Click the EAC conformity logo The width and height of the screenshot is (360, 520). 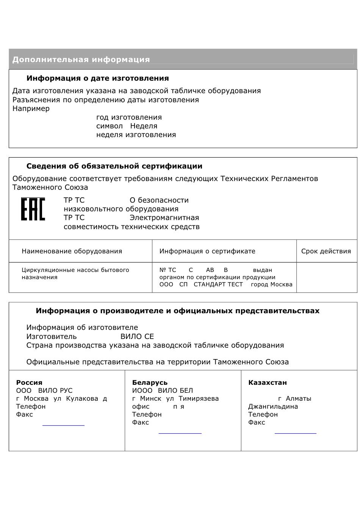(x=33, y=209)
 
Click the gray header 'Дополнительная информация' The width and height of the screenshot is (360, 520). (x=81, y=59)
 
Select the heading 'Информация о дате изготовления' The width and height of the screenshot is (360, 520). (x=97, y=78)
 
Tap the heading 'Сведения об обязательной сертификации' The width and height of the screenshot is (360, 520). (x=114, y=166)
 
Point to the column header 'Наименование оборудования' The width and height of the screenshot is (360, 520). (x=72, y=251)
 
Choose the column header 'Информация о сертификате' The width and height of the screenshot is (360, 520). (x=207, y=251)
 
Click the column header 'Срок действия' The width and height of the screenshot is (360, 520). (x=326, y=251)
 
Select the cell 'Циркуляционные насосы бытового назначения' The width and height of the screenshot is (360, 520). (x=75, y=273)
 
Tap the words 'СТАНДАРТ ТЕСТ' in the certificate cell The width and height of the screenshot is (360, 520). (x=218, y=284)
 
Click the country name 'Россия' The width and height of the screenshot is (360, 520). (x=29, y=383)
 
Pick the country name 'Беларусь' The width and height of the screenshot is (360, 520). (x=150, y=383)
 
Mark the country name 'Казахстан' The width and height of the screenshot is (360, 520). (x=267, y=383)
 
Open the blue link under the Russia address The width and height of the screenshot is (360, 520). (x=63, y=425)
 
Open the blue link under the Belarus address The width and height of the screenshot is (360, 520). (x=180, y=433)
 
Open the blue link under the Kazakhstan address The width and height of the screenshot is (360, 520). (x=295, y=433)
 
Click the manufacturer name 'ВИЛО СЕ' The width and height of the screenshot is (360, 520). (x=137, y=337)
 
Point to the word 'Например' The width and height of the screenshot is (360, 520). (x=31, y=109)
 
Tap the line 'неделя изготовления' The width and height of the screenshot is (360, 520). (x=136, y=135)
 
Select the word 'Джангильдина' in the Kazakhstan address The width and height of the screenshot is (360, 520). (x=273, y=407)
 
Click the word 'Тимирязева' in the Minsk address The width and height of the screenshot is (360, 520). (x=199, y=398)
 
